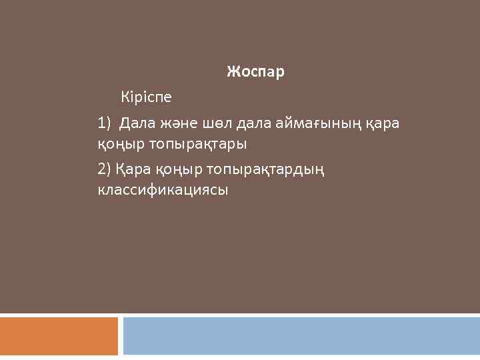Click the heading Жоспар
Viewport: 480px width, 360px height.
tap(255, 71)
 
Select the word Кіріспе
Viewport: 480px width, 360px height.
tap(146, 97)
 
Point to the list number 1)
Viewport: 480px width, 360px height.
tap(105, 123)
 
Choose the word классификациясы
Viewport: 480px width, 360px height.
tap(163, 190)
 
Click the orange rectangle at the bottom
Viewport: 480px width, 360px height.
tap(59, 336)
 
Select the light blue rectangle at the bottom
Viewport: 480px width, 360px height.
tap(301, 336)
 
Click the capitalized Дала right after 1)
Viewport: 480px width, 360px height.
tap(137, 123)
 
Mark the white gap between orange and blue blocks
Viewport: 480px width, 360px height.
tap(121, 336)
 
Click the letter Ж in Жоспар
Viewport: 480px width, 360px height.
tap(232, 71)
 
